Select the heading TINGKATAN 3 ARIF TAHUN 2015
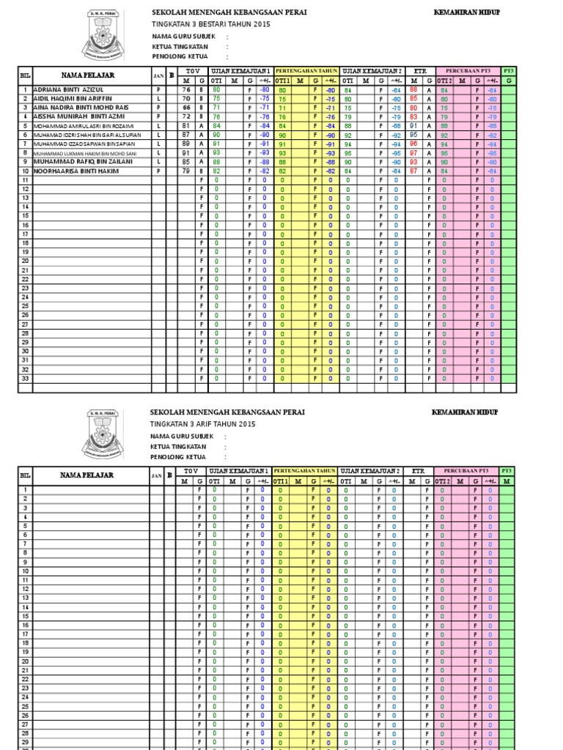[203, 424]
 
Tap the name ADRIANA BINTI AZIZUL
[65, 89]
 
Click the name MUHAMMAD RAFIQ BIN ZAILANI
[81, 162]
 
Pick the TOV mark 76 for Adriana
[186, 89]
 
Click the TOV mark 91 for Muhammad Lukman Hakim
[186, 153]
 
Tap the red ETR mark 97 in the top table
[413, 153]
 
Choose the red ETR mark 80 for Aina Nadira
[413, 107]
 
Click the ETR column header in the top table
[421, 71]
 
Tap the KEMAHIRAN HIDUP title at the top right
[468, 12]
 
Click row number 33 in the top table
[25, 378]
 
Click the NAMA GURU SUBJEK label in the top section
[180, 35]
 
